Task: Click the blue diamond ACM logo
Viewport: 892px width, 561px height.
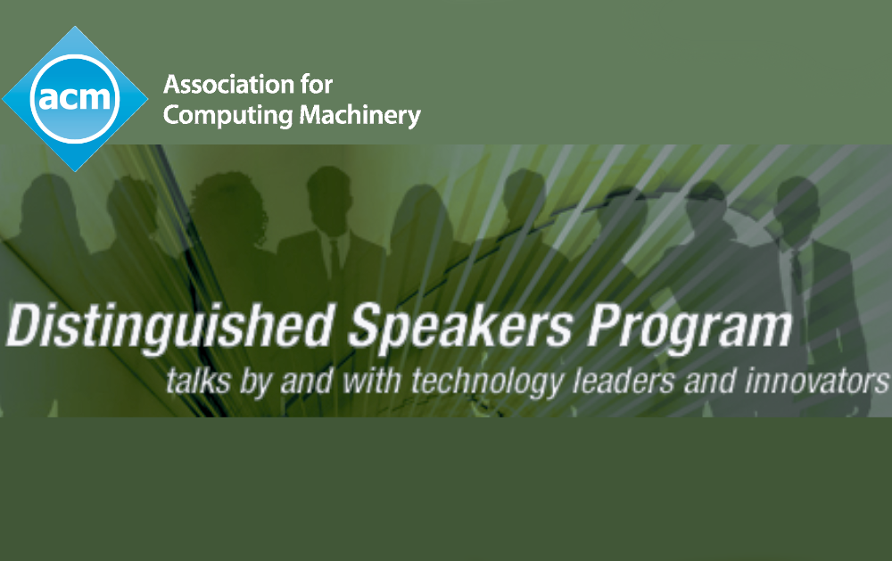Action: (75, 98)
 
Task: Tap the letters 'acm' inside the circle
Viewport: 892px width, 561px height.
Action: (75, 97)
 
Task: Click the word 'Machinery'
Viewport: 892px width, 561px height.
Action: (360, 116)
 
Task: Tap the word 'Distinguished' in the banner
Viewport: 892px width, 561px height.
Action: (169, 326)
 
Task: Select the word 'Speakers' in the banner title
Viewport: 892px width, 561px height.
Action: (460, 326)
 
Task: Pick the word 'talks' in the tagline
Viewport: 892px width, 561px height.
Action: (198, 380)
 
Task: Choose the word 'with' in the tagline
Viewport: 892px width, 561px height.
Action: (372, 380)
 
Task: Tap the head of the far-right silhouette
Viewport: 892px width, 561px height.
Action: (796, 206)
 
